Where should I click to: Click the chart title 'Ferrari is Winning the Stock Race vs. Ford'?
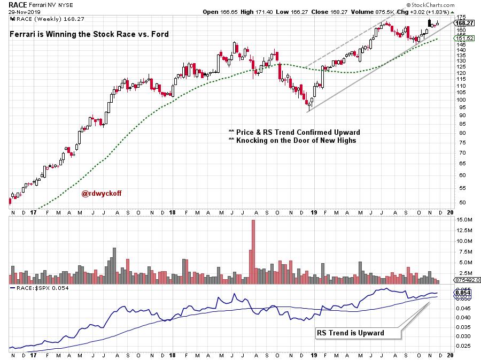(x=89, y=34)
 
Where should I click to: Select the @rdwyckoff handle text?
(x=101, y=194)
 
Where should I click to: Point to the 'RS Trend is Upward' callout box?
(x=358, y=333)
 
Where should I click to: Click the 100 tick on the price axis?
(x=459, y=99)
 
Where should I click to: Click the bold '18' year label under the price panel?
(x=173, y=213)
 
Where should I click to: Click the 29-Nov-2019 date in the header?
(x=19, y=11)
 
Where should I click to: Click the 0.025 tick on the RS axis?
(x=461, y=346)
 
